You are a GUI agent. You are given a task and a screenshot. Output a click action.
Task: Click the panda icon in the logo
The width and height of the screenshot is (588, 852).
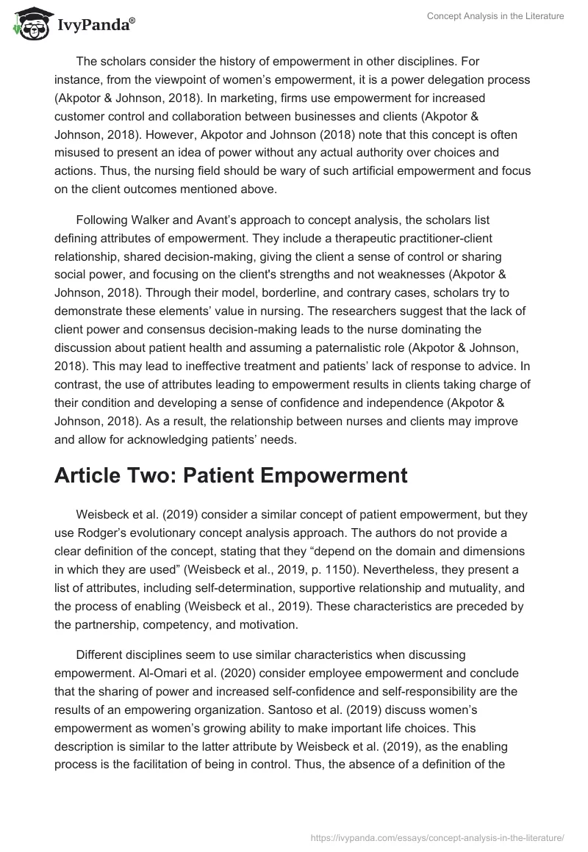(29, 25)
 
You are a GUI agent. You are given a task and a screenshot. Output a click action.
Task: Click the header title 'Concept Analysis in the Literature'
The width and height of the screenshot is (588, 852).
(495, 16)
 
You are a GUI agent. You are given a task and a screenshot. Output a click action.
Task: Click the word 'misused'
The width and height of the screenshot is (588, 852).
(78, 153)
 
